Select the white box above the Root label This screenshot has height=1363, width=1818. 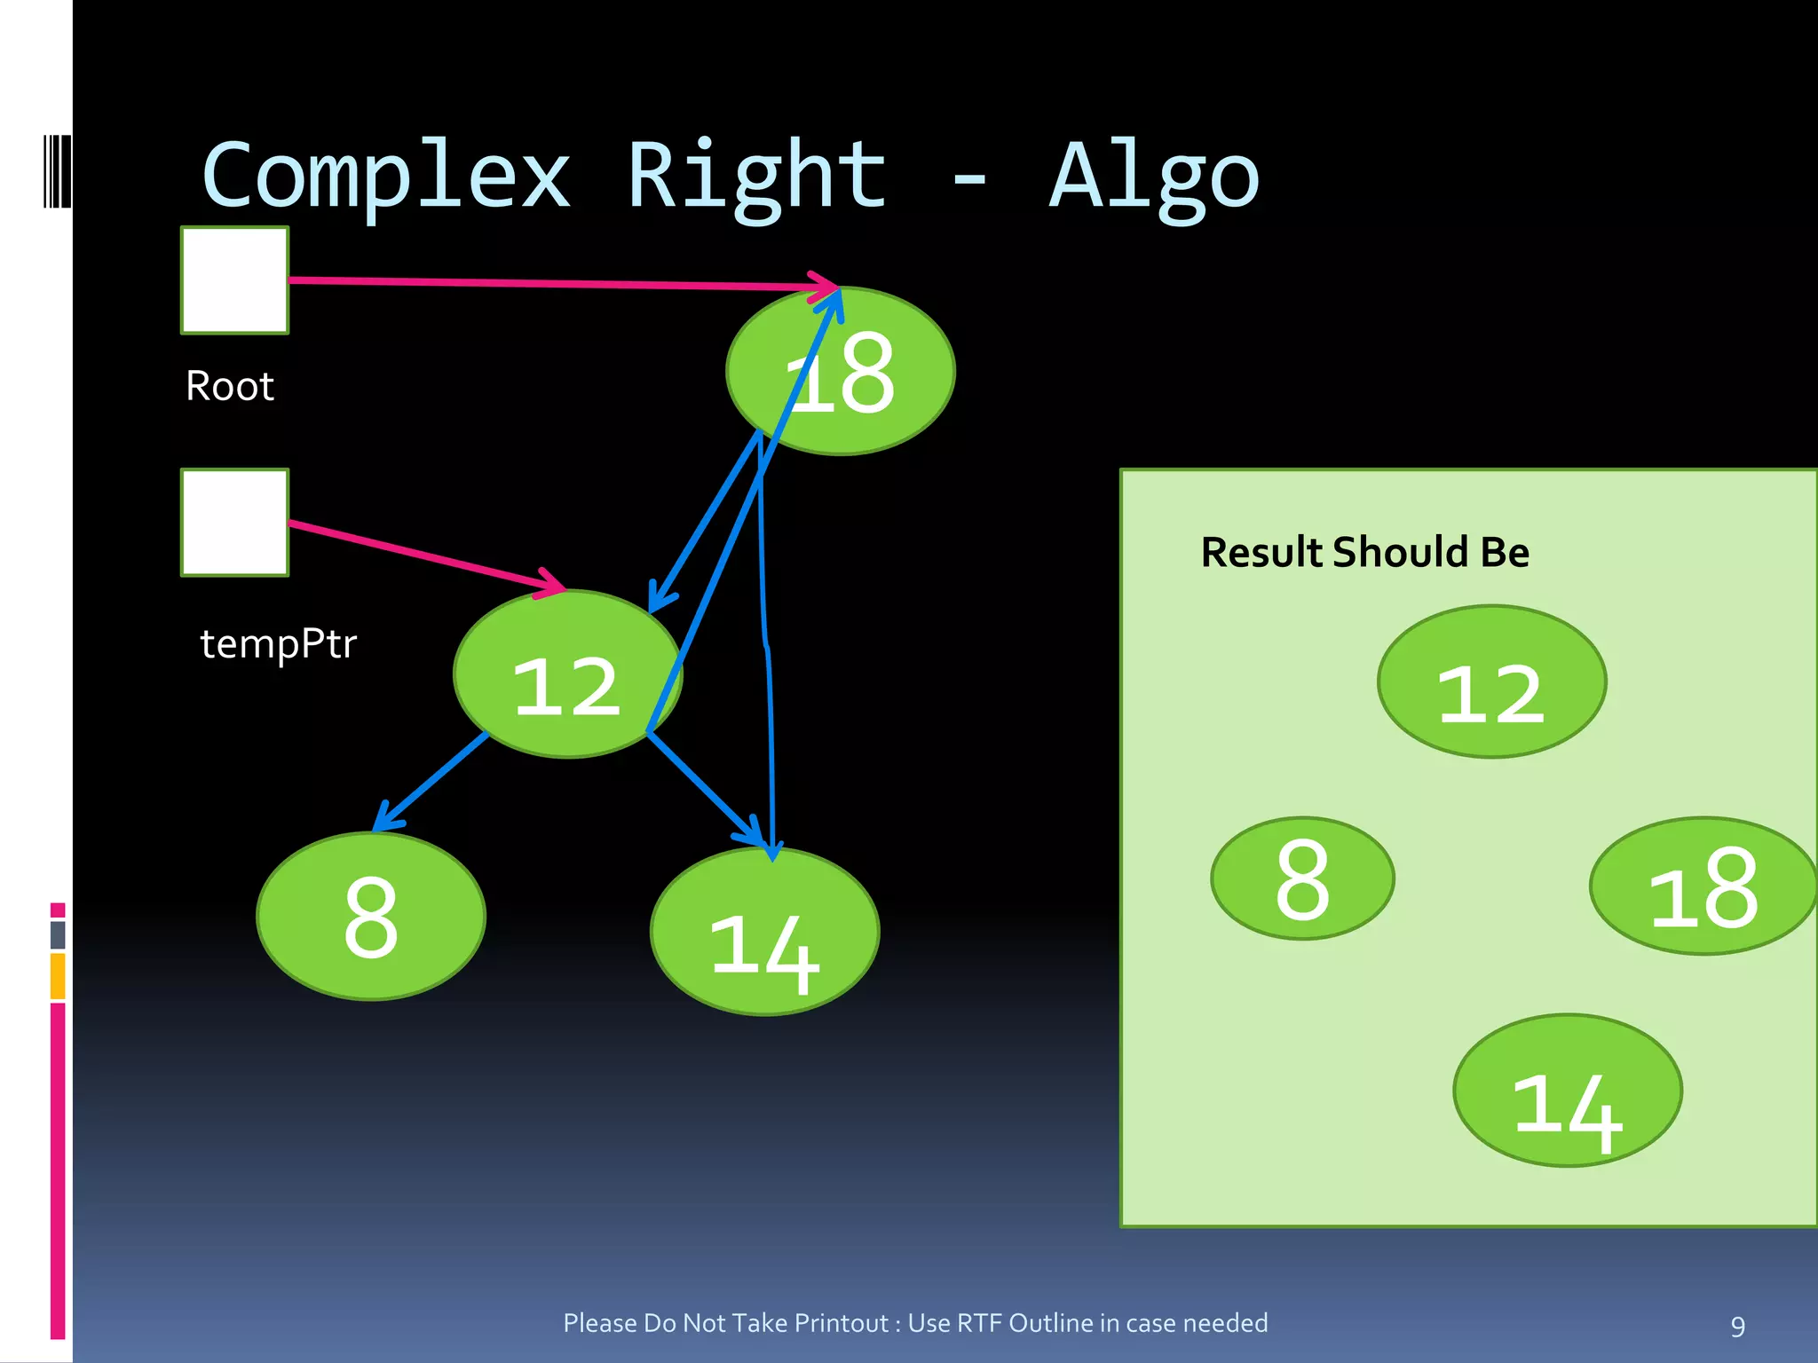(x=235, y=280)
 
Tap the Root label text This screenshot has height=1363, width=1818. (x=230, y=386)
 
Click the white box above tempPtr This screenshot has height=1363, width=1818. (x=235, y=523)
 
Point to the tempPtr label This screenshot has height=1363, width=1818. (x=278, y=643)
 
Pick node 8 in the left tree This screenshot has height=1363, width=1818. (x=371, y=917)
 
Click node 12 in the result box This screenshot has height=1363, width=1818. (x=1491, y=682)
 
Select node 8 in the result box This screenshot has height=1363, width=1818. (x=1302, y=878)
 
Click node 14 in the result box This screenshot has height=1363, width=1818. (x=1568, y=1091)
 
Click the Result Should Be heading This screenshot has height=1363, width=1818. (x=1364, y=552)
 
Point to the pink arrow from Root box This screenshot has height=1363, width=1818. (x=550, y=283)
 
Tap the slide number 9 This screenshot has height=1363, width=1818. (x=1737, y=1326)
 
